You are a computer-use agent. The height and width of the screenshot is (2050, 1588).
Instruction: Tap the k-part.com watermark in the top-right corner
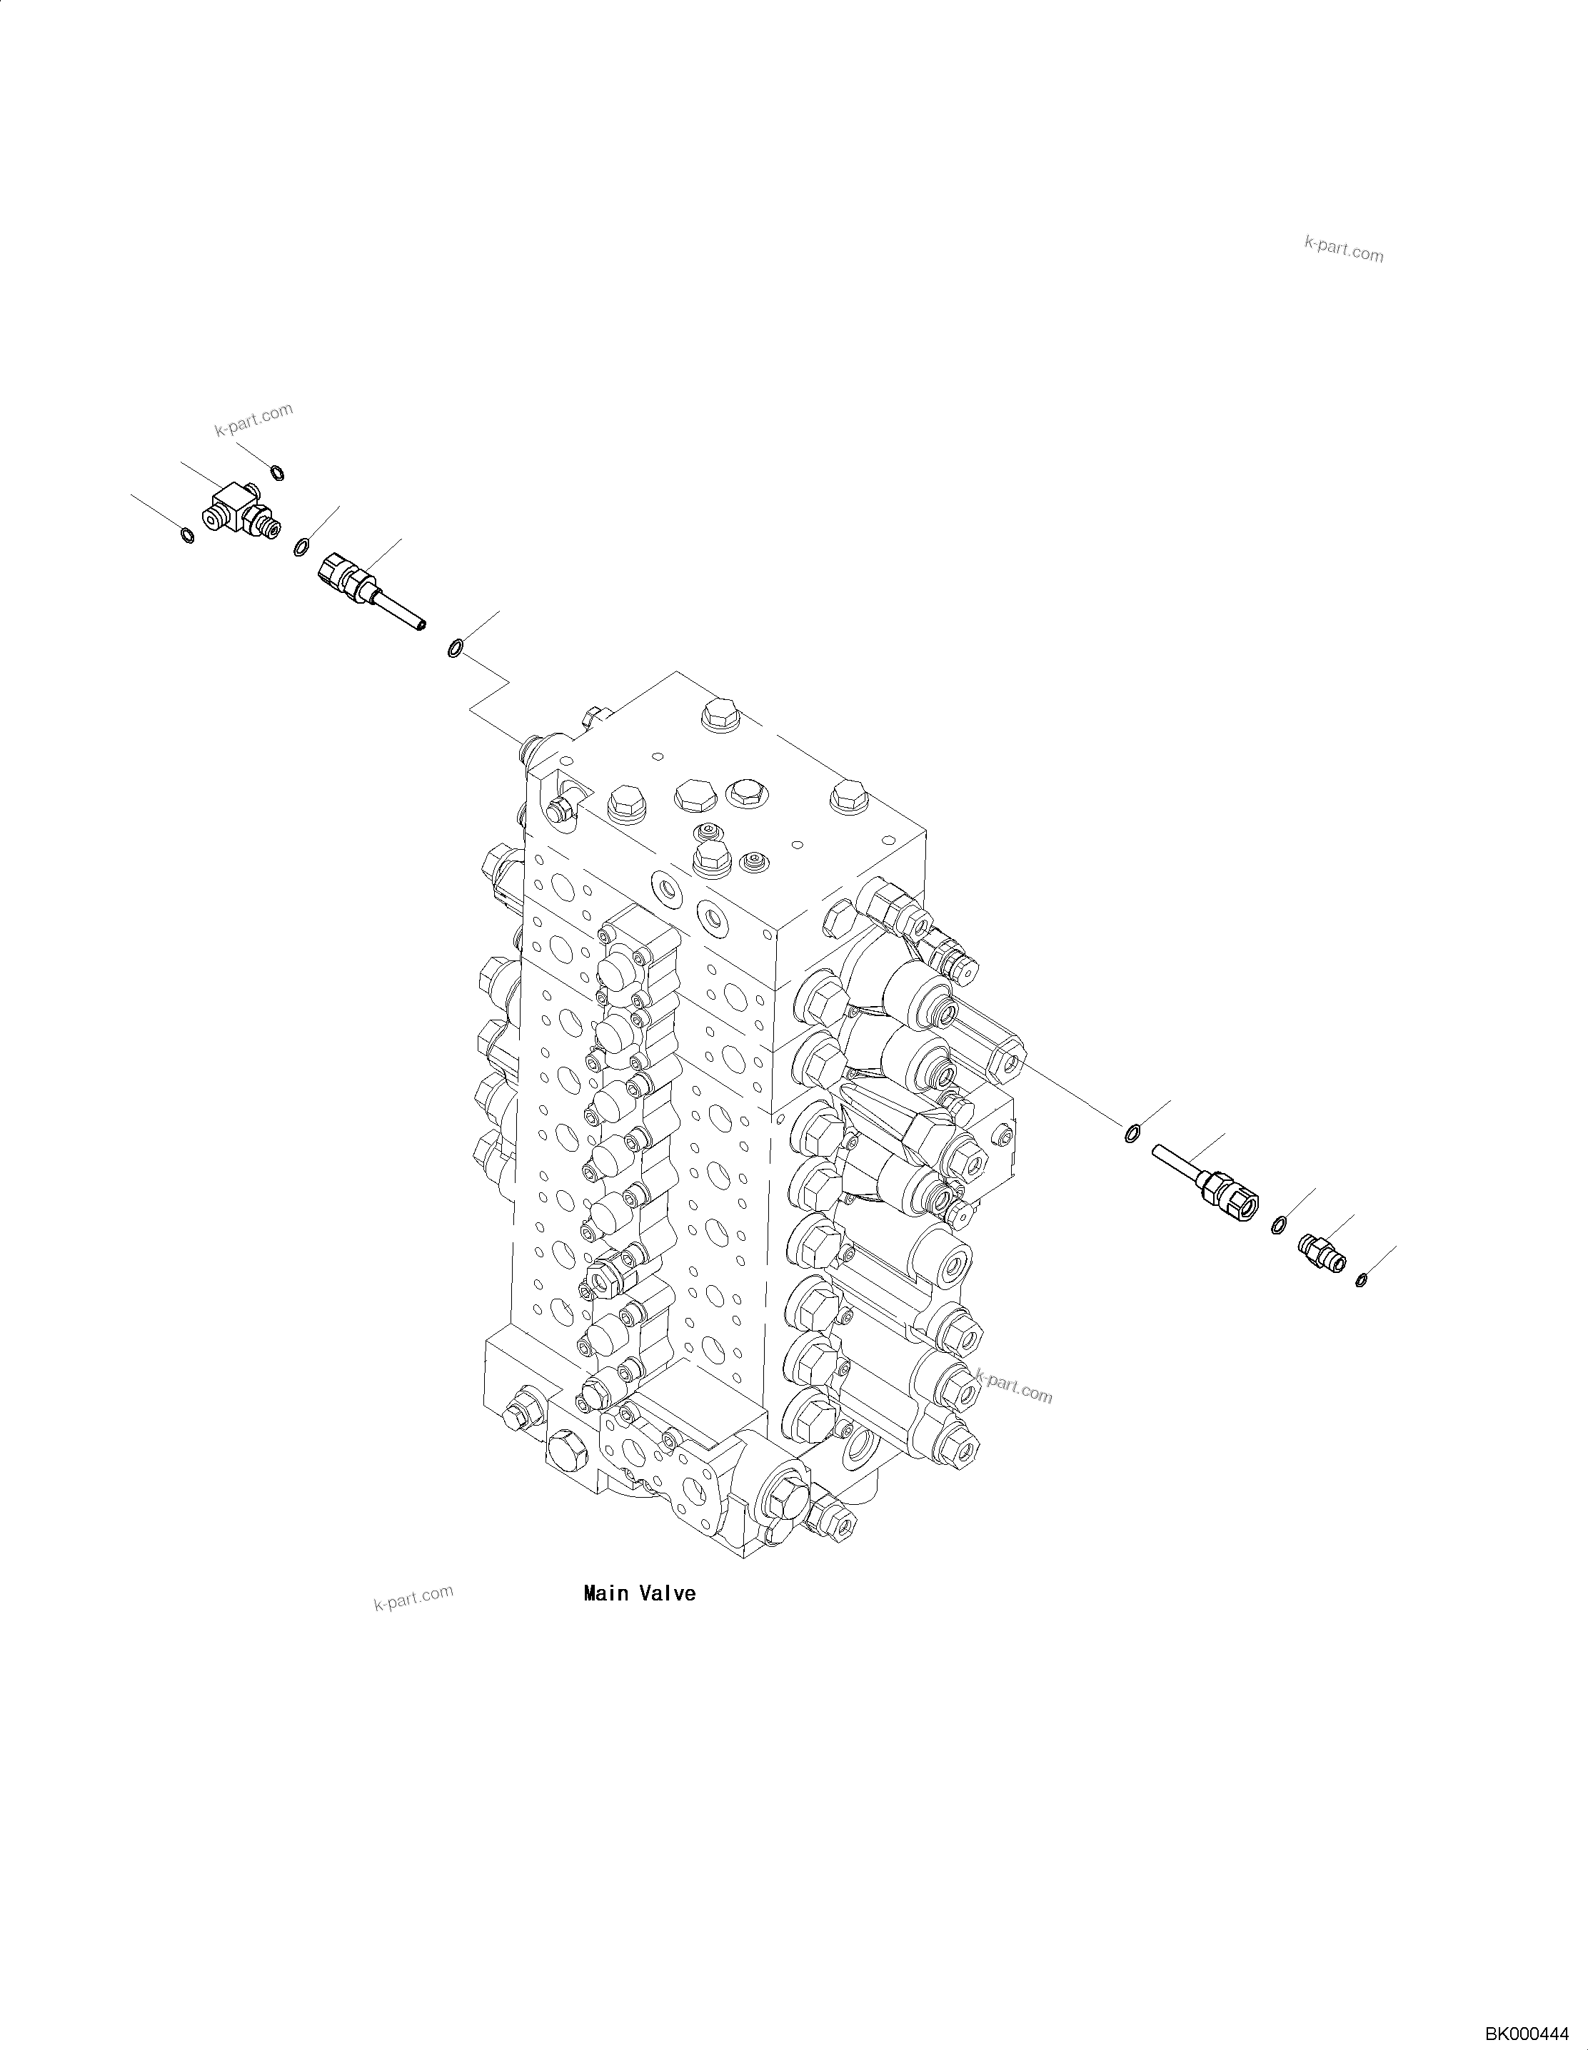(1344, 249)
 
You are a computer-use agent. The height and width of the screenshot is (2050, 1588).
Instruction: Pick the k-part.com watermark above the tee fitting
(253, 420)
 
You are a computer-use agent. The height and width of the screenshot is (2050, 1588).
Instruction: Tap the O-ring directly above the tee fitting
(276, 472)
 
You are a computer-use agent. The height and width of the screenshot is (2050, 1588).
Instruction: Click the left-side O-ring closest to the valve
(456, 648)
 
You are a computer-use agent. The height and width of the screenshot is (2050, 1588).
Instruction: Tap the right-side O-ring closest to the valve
(1132, 1134)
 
